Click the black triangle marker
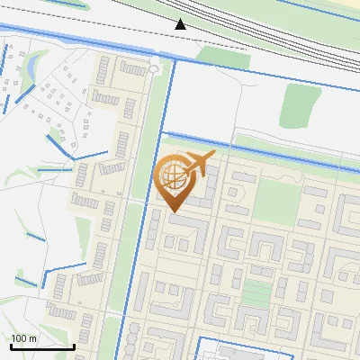pos(181,24)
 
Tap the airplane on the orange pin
pos(198,165)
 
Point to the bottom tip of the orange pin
pos(171,212)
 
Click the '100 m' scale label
pos(24,338)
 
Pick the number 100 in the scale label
pos(20,338)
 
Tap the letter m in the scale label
pos(34,338)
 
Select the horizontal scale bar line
pos(42,346)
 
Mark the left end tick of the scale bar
pos(11,345)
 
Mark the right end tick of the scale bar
pos(74,345)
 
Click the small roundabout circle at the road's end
pos(153,68)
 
